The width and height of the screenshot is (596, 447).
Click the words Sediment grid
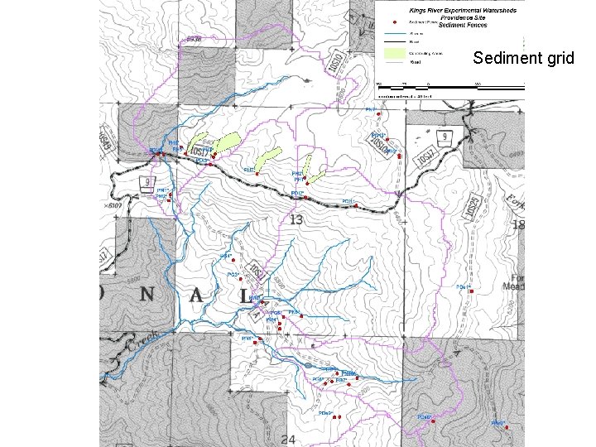[523, 59]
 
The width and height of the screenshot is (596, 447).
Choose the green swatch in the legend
[395, 54]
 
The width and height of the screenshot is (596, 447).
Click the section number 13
[296, 219]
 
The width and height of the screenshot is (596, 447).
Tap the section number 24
[288, 439]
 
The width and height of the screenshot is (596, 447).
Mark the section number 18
[519, 225]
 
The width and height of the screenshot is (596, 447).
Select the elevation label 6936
[193, 39]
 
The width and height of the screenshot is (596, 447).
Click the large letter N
[147, 296]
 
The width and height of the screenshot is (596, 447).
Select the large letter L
[244, 296]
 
